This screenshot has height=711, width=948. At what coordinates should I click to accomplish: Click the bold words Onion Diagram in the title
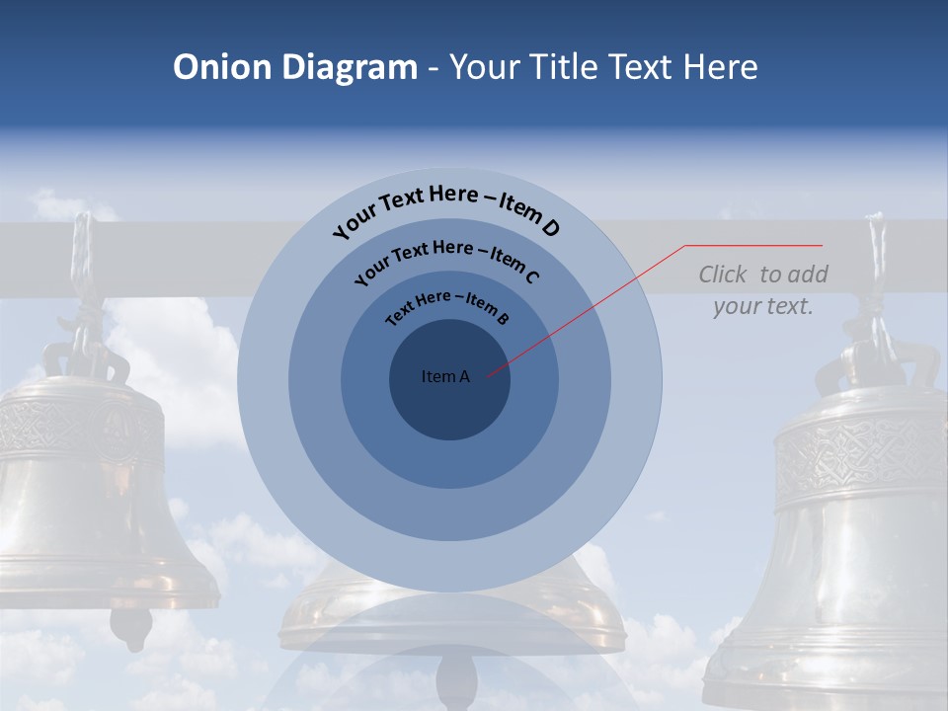coord(295,67)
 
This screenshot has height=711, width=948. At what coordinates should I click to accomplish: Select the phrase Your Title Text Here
coord(603,67)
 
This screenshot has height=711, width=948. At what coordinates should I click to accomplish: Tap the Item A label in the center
coord(445,376)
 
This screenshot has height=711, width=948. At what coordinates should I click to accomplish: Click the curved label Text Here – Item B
coord(447,306)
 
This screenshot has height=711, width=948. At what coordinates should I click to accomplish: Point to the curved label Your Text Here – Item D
coord(446,208)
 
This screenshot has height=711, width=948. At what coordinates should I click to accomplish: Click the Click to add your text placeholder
coord(763,290)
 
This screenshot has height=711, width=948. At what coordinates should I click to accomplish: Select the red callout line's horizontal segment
coord(753,245)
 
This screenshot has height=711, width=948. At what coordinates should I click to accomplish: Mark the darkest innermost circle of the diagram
coord(449,405)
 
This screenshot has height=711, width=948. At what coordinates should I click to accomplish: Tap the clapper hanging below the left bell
coord(130,625)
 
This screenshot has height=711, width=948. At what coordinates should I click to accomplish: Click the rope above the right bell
coord(875,257)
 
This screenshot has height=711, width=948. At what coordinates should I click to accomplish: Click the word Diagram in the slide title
coord(350,67)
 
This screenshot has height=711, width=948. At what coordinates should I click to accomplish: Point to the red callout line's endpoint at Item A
coord(487,376)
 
